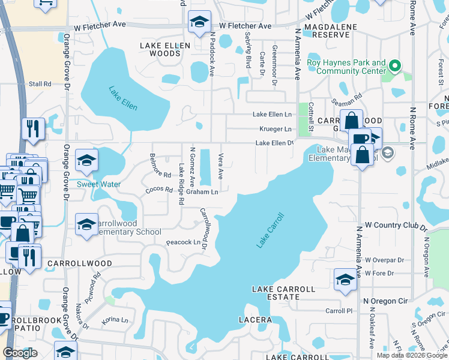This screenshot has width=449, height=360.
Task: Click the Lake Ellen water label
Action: click(123, 98)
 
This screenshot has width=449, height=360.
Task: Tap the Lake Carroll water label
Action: click(270, 230)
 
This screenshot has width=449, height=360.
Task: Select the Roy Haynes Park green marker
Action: click(394, 65)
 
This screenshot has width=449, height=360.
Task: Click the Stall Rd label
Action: click(40, 84)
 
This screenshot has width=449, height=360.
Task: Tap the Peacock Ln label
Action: click(182, 242)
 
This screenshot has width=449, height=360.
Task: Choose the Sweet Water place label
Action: click(98, 184)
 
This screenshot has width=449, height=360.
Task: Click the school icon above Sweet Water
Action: click(86, 160)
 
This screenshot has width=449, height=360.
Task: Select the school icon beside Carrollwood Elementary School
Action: click(86, 224)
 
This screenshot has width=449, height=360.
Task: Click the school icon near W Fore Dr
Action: click(345, 280)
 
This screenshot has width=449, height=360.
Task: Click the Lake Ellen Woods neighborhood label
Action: click(165, 49)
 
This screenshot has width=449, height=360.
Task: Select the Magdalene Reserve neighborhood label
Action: click(327, 31)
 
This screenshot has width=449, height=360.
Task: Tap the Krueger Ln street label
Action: click(276, 129)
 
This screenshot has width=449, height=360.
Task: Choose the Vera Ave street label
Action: click(220, 166)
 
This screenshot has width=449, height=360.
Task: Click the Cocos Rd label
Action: click(159, 190)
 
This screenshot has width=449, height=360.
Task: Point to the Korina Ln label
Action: click(115, 321)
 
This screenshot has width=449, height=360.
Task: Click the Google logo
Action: click(20, 353)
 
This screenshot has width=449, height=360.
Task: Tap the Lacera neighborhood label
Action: click(255, 320)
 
